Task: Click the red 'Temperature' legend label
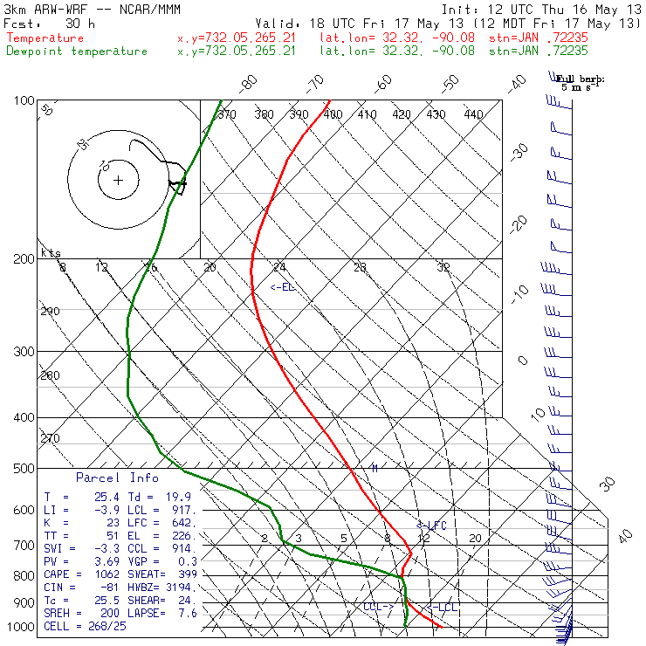pos(45,38)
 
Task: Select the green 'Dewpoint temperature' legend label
pos(77,52)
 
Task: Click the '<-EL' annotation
pos(283,287)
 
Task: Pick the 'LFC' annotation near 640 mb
pos(432,526)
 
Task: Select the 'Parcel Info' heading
pos(117,478)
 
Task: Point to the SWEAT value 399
pos(185,574)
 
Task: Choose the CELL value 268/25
pos(100,627)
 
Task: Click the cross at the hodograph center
pos(118,181)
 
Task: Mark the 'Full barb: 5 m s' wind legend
pos(581,82)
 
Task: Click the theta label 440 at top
pos(473,114)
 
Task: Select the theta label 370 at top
pos(227,114)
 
